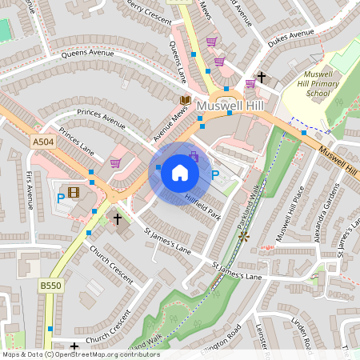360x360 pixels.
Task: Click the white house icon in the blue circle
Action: pyautogui.click(x=180, y=173)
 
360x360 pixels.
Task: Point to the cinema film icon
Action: pyautogui.click(x=74, y=192)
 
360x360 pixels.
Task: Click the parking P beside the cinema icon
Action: pyautogui.click(x=60, y=198)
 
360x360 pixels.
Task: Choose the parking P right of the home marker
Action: pyautogui.click(x=214, y=175)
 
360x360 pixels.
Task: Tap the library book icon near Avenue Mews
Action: pyautogui.click(x=185, y=100)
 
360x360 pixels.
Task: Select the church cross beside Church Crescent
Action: pyautogui.click(x=118, y=218)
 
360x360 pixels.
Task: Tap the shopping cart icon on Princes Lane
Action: pyautogui.click(x=115, y=163)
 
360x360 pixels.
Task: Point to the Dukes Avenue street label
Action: pyautogui.click(x=290, y=34)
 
